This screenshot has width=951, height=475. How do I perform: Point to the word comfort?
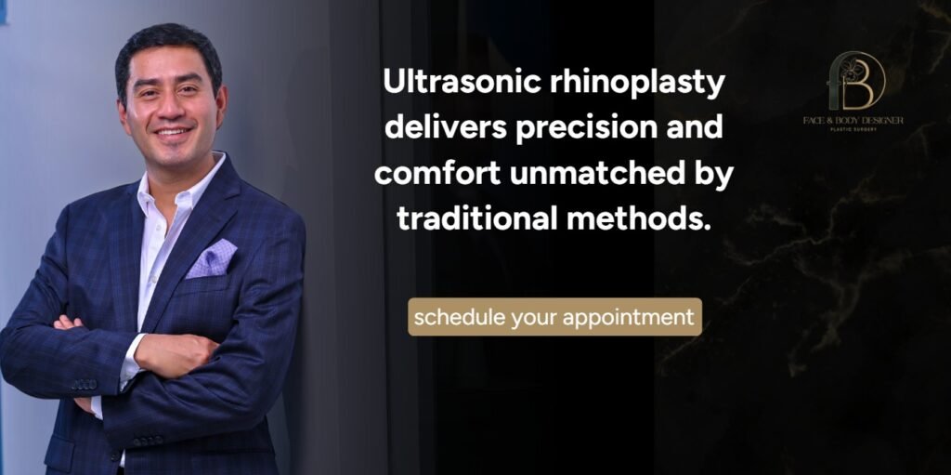pyautogui.click(x=438, y=174)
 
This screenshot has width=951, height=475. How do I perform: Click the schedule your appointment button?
pyautogui.click(x=554, y=317)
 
